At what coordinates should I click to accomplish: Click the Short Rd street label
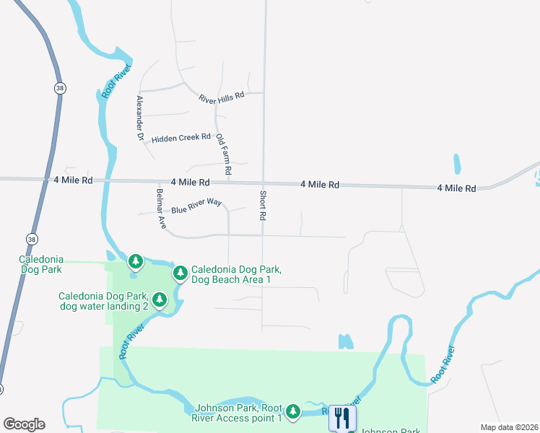263,206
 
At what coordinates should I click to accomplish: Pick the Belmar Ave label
161,209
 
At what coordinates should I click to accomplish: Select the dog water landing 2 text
103,307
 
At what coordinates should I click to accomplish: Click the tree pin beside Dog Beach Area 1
180,273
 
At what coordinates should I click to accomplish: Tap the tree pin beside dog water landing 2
160,299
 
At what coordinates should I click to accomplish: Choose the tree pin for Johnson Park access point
292,411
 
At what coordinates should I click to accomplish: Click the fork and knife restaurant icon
342,418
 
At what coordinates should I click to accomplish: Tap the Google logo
24,424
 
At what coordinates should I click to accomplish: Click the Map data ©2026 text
508,427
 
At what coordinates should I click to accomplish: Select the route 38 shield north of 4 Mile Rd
58,87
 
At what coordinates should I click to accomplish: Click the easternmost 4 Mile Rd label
456,188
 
